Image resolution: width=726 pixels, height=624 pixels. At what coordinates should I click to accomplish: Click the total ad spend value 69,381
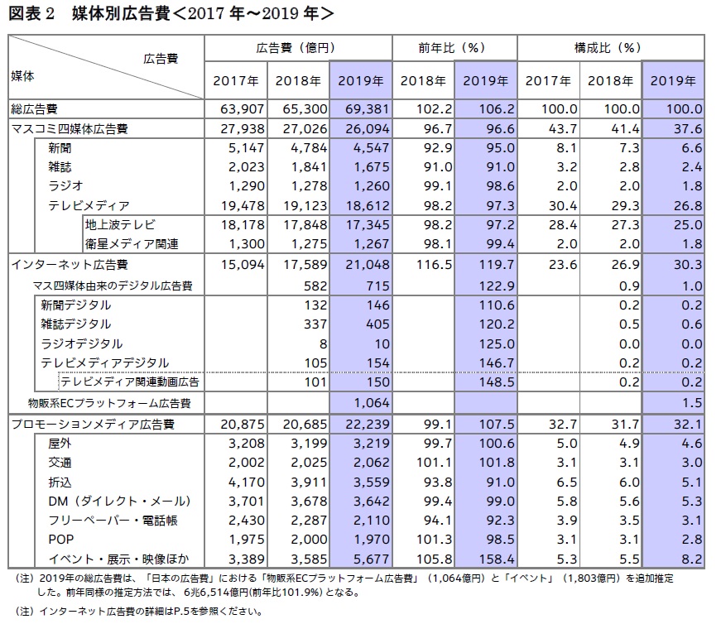(x=368, y=109)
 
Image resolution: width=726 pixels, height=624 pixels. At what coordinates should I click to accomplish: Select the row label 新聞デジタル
(x=75, y=305)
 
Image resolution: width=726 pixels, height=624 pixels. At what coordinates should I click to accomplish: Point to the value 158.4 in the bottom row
(x=497, y=559)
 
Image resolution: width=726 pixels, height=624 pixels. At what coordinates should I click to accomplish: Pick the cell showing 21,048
(x=368, y=265)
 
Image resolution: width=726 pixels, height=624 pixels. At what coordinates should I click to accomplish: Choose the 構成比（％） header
(x=608, y=48)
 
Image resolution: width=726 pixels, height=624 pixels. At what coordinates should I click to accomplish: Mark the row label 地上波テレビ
(x=120, y=225)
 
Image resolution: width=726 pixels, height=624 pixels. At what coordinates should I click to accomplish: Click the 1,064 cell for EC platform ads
(x=372, y=403)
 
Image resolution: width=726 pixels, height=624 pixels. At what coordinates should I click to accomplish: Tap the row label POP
(x=61, y=540)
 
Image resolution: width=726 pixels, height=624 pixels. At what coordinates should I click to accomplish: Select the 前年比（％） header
(x=451, y=48)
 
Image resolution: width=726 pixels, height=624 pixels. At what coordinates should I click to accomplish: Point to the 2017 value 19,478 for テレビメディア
(x=243, y=205)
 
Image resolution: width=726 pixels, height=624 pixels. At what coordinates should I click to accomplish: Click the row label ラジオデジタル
(x=81, y=344)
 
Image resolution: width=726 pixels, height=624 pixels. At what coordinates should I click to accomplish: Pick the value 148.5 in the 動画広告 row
(x=497, y=382)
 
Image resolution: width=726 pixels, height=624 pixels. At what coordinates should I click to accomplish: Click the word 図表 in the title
(x=25, y=13)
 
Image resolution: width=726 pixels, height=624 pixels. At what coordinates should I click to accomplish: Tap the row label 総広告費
(x=34, y=110)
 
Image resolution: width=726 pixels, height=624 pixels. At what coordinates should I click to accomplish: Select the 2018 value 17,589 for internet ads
(x=305, y=265)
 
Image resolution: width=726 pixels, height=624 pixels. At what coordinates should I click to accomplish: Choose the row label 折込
(x=60, y=482)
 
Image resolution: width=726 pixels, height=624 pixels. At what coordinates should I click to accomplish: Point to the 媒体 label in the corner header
(x=22, y=76)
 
